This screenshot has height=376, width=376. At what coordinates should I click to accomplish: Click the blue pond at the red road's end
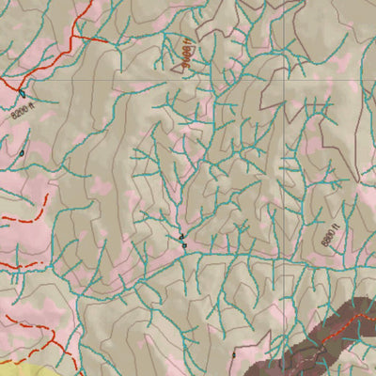pyautogui.click(x=21, y=93)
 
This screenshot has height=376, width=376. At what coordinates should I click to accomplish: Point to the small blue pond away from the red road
pyautogui.click(x=21, y=151)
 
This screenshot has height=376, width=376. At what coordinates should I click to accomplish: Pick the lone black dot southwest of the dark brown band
pyautogui.click(x=234, y=354)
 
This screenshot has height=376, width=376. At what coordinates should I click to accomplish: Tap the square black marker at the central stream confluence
pyautogui.click(x=184, y=245)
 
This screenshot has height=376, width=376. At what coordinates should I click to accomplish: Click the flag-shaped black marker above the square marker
pyautogui.click(x=180, y=236)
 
